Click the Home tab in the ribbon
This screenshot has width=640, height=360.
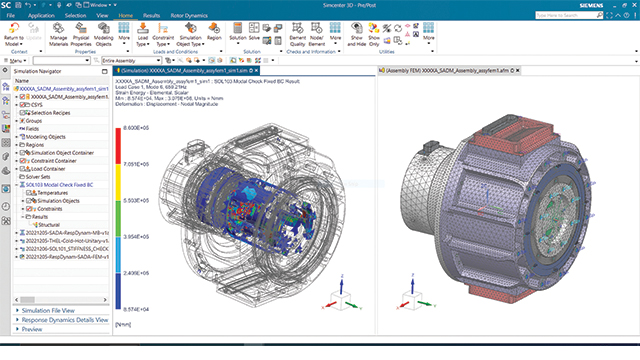(x=125, y=17)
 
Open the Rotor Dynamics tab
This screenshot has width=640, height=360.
(x=197, y=17)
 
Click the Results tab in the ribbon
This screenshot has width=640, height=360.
(x=154, y=17)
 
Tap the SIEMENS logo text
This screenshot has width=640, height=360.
(x=612, y=6)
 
